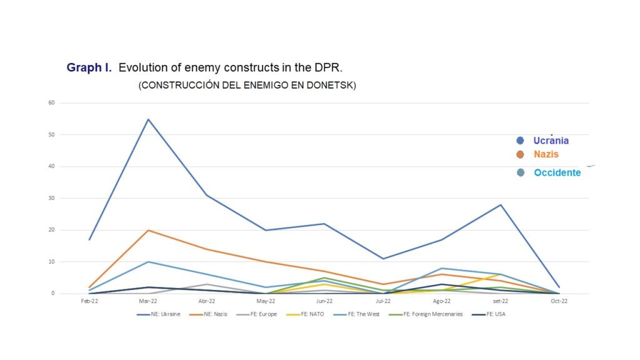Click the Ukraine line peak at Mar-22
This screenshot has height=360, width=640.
pyautogui.click(x=148, y=119)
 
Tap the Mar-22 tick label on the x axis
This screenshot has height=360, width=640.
pyautogui.click(x=148, y=301)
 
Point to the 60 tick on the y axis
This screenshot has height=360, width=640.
pyautogui.click(x=51, y=102)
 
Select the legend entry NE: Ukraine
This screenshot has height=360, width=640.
pyautogui.click(x=159, y=314)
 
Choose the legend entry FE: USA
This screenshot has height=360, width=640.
pyautogui.click(x=489, y=314)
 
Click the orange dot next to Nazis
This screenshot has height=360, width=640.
pyautogui.click(x=520, y=154)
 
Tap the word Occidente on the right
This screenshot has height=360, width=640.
pyautogui.click(x=557, y=172)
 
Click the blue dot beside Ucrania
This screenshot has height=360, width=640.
pyautogui.click(x=520, y=141)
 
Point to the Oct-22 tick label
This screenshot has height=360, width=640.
pyautogui.click(x=559, y=301)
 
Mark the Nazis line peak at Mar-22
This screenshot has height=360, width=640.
pyautogui.click(x=148, y=230)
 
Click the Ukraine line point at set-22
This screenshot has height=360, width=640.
pyautogui.click(x=501, y=205)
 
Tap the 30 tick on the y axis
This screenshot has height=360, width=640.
pyautogui.click(x=51, y=198)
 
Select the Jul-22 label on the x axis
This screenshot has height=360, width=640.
pyautogui.click(x=382, y=301)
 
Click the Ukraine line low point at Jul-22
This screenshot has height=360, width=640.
pyautogui.click(x=383, y=258)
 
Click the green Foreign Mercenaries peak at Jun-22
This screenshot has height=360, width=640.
pyautogui.click(x=324, y=277)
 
